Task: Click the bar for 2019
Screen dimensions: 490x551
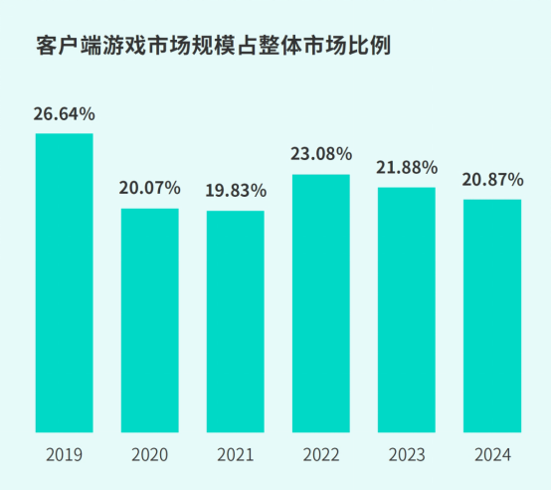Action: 65,283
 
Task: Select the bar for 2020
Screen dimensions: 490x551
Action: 150,320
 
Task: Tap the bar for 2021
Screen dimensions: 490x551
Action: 236,322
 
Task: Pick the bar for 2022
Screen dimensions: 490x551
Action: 321,303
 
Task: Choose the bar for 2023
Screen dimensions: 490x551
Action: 407,310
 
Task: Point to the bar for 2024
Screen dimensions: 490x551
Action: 492,316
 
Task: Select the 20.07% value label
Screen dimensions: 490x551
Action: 150,187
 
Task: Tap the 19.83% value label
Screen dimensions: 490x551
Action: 236,190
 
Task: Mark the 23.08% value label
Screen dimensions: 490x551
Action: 321,154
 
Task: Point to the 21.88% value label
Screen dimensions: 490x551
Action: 407,167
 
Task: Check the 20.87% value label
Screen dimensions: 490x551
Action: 492,179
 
